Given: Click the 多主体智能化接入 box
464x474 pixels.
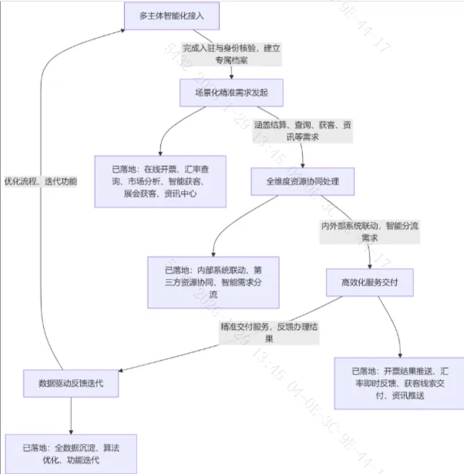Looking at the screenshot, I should (x=171, y=15).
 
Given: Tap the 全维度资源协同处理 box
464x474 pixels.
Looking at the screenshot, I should (x=301, y=182).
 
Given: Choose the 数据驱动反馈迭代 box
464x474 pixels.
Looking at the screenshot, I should (x=70, y=383).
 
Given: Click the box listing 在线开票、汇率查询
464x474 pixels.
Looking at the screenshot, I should (x=160, y=181).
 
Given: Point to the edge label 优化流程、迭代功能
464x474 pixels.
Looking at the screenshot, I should (x=40, y=181).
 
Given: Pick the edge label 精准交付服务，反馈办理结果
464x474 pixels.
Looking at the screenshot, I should (x=270, y=332).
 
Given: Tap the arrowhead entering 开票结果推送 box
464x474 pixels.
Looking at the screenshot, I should (x=401, y=353).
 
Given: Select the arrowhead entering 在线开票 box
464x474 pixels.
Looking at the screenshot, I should (x=160, y=152).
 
